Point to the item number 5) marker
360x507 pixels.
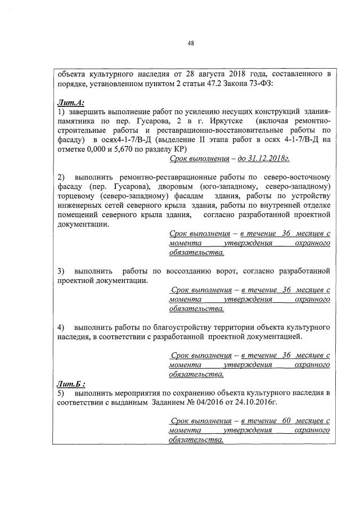(x=61, y=393)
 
